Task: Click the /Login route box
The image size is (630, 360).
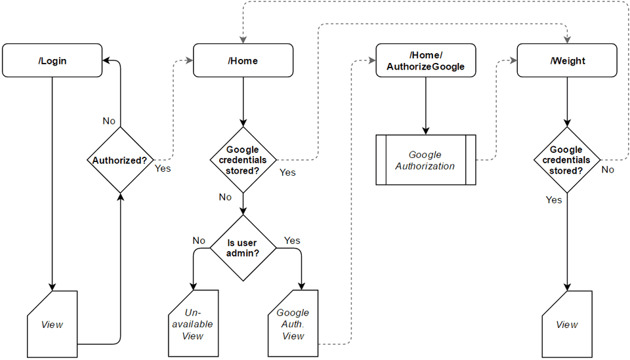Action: click(52, 60)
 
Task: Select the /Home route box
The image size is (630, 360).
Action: click(243, 60)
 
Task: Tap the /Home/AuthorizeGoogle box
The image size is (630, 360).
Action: click(425, 60)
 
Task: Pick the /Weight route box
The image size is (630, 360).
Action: click(568, 60)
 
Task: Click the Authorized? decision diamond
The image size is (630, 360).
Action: click(120, 159)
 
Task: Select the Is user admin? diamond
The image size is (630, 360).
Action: click(243, 248)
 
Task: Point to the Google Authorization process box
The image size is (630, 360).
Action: click(425, 161)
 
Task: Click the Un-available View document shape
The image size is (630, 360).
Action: click(194, 323)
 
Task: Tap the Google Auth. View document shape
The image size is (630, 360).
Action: click(293, 323)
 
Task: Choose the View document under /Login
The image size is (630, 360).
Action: click(52, 324)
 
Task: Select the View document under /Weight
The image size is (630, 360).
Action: click(567, 324)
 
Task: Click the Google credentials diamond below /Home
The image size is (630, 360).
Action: click(243, 160)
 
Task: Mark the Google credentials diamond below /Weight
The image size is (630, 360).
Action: click(566, 160)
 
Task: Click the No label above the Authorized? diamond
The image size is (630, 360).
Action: click(110, 121)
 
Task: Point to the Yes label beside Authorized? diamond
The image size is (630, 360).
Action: click(162, 168)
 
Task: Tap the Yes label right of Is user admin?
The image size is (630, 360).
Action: click(292, 241)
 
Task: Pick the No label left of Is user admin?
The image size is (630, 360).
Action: click(199, 241)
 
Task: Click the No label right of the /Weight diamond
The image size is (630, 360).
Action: click(608, 170)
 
